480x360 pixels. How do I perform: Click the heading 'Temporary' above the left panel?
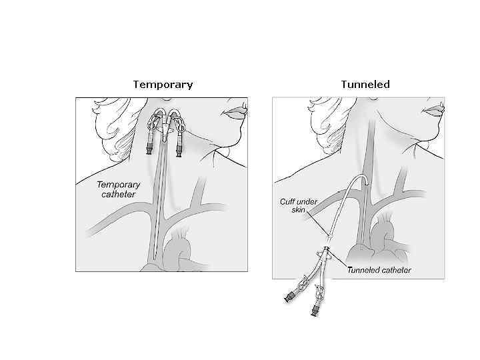[163, 85]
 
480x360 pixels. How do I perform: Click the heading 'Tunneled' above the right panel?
[365, 85]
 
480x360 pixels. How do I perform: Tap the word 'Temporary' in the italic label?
[119, 185]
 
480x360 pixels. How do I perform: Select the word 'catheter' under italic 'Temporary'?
[116, 194]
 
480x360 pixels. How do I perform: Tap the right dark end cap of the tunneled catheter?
[312, 309]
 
